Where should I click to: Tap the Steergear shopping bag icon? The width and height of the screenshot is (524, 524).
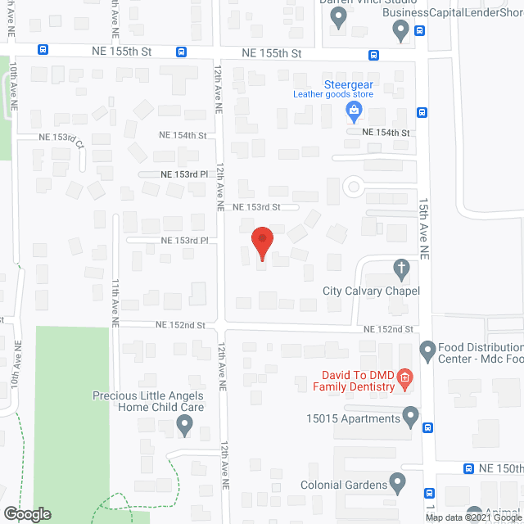tap(354, 110)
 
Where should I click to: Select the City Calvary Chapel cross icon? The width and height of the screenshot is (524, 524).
tap(401, 268)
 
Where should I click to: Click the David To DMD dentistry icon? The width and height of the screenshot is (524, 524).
tap(404, 377)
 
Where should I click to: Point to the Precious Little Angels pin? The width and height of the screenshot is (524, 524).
tap(185, 425)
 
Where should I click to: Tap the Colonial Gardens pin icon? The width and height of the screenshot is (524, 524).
tap(398, 483)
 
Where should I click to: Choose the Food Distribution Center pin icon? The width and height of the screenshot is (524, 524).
tap(427, 352)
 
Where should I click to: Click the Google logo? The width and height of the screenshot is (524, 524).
tap(26, 513)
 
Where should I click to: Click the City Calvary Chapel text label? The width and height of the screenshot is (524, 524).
tap(371, 291)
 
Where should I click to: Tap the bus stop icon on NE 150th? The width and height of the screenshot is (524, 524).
tap(468, 469)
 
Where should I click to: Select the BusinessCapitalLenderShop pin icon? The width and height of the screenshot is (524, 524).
tap(400, 32)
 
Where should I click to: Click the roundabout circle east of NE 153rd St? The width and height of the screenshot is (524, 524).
tap(354, 187)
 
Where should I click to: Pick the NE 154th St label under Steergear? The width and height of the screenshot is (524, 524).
tap(386, 132)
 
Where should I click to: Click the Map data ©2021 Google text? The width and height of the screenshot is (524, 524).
tap(473, 517)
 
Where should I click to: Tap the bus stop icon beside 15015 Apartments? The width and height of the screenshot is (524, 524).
tap(428, 427)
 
